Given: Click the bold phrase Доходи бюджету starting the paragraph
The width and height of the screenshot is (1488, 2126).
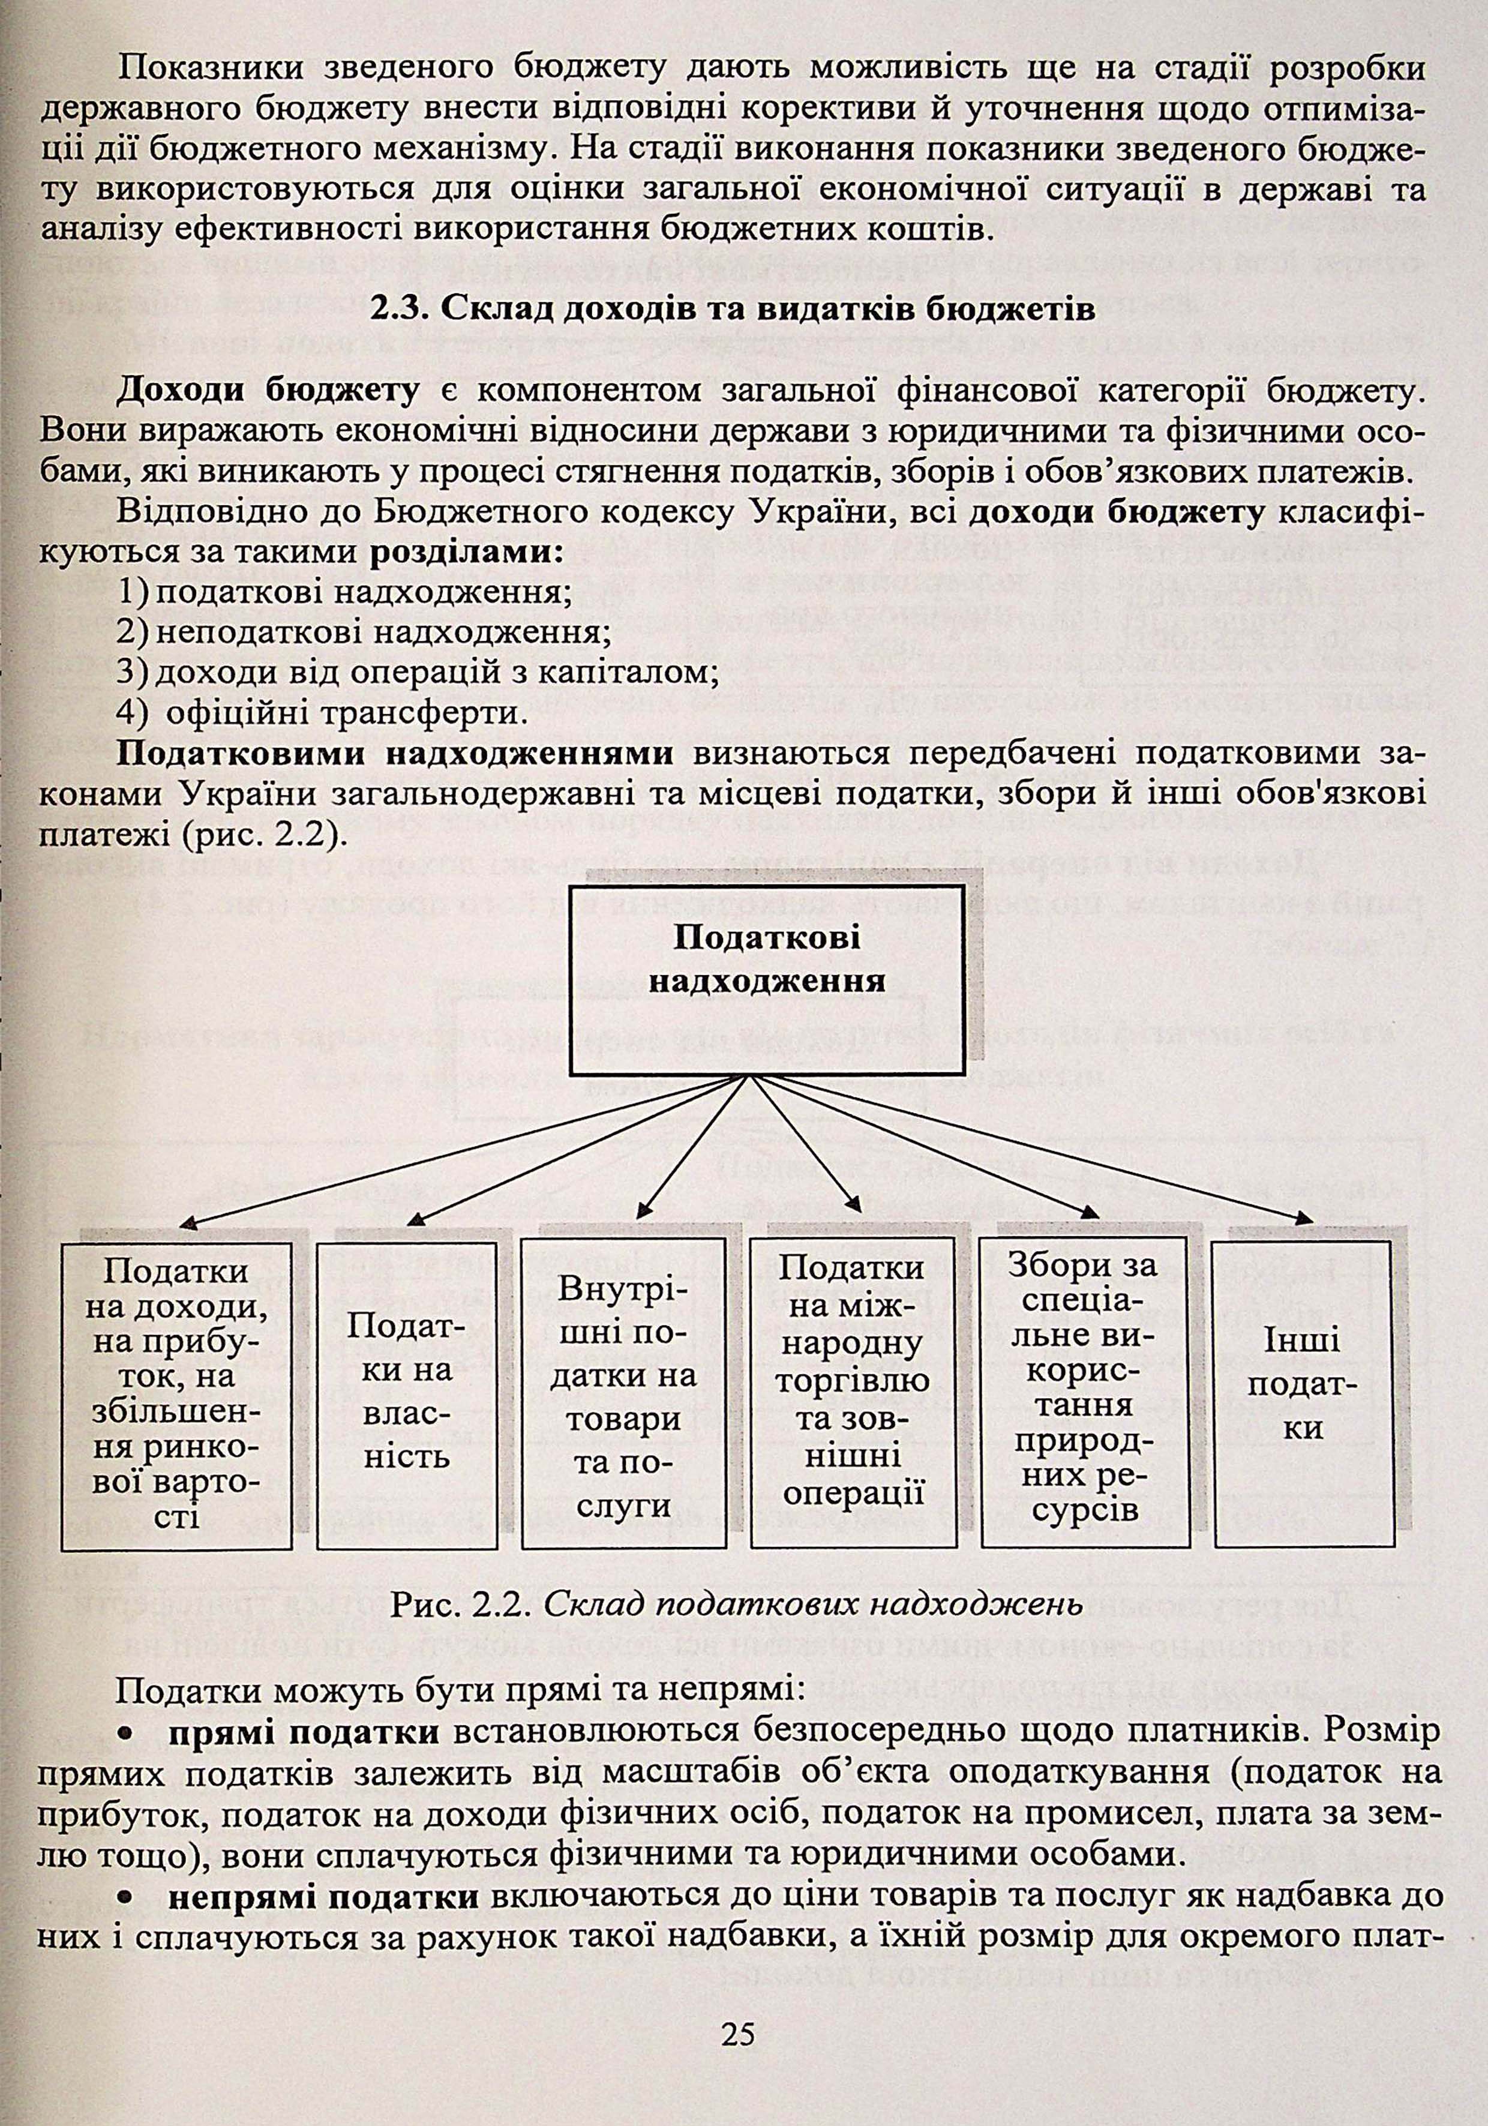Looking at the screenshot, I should coord(269,392).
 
